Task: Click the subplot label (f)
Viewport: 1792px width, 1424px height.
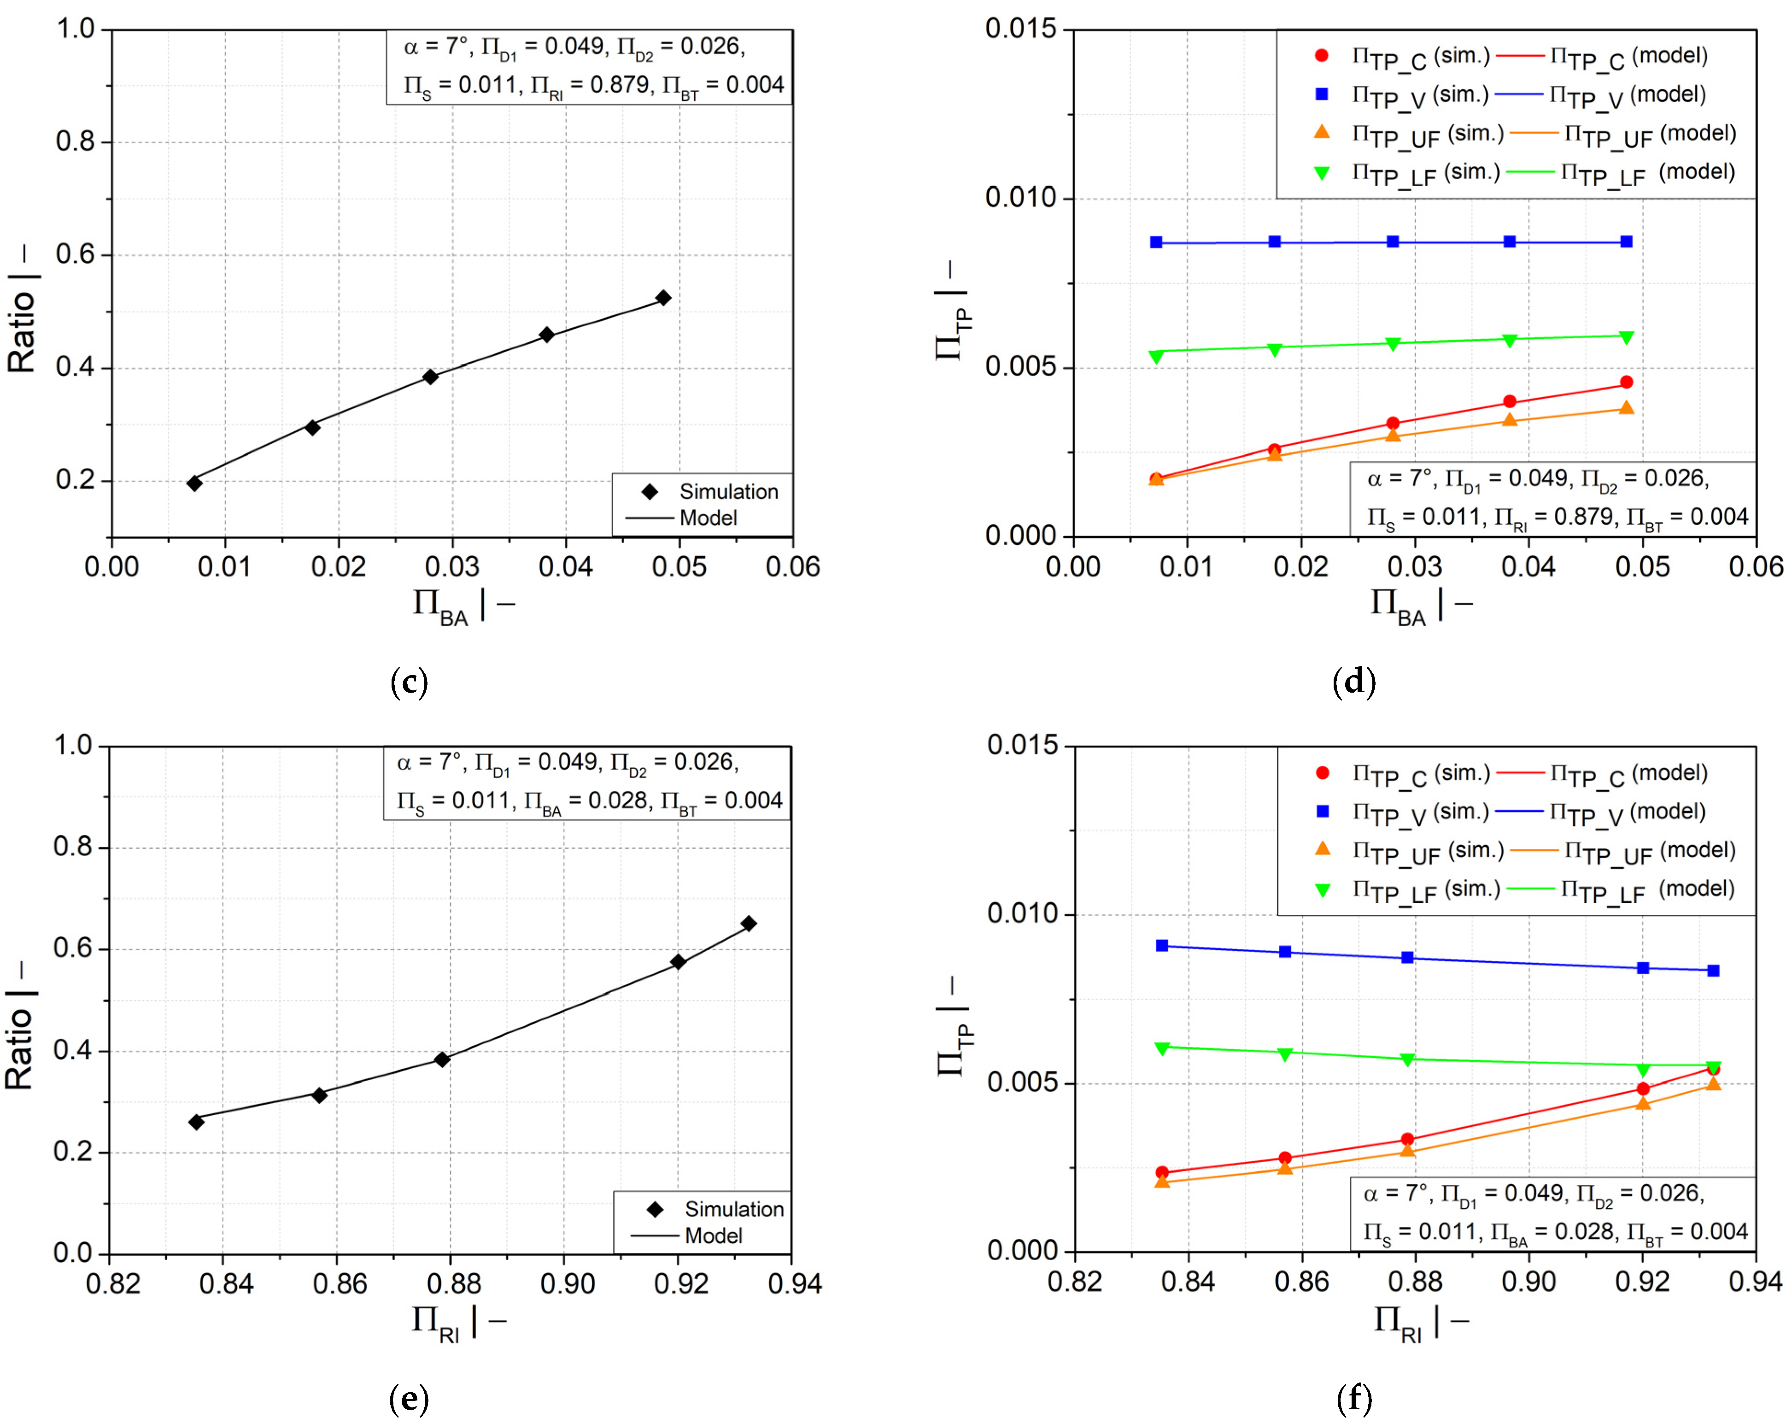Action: point(1354,1399)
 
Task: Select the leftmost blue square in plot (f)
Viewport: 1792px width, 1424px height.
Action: point(1162,945)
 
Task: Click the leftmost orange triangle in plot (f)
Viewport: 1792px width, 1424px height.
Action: point(1162,1181)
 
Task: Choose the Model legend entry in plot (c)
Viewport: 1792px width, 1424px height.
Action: point(707,518)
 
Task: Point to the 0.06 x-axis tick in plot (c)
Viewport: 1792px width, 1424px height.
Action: point(792,567)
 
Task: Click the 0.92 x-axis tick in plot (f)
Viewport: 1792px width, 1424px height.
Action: point(1642,1282)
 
